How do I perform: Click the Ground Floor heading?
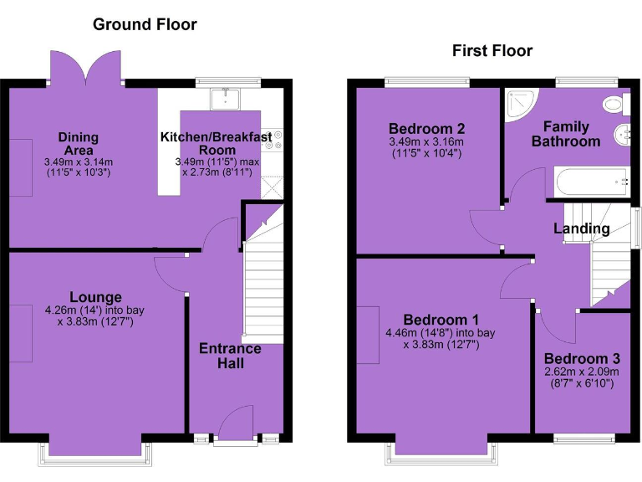click(145, 24)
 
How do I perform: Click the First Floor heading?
click(492, 51)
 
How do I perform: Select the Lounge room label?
click(95, 297)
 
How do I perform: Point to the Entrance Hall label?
click(230, 356)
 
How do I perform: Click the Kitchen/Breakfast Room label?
click(216, 142)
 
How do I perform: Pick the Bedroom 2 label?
click(426, 129)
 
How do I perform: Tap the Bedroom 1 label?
click(441, 320)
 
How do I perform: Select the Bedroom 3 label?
click(581, 359)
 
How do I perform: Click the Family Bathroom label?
click(566, 134)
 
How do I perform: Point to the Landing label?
click(581, 228)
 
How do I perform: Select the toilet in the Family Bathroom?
click(614, 104)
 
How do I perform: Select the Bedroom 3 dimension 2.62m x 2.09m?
click(581, 372)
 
